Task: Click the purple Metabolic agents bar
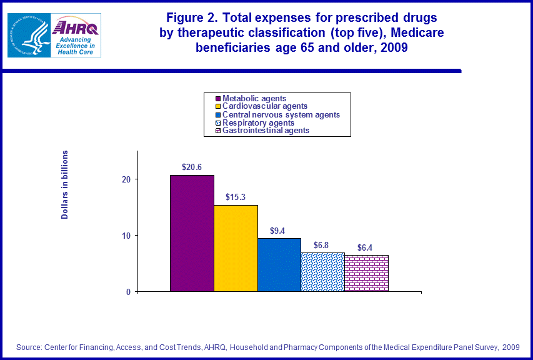[x=192, y=233]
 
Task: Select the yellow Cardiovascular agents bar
[x=236, y=248]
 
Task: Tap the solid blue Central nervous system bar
[x=279, y=264]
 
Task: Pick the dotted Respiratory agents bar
[x=322, y=272]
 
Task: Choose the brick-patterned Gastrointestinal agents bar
[x=366, y=273]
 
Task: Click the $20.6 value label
[x=191, y=167]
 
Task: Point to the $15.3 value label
[x=236, y=197]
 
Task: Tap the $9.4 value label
[x=279, y=230]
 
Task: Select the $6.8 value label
[x=322, y=245]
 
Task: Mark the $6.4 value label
[x=366, y=247]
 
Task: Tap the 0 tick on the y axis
[x=127, y=292]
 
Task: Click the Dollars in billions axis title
[x=64, y=185]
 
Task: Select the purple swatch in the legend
[x=218, y=99]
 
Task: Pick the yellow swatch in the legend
[x=218, y=107]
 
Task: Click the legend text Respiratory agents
[x=259, y=123]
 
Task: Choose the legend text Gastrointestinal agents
[x=266, y=131]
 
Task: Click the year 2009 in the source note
[x=510, y=347]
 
